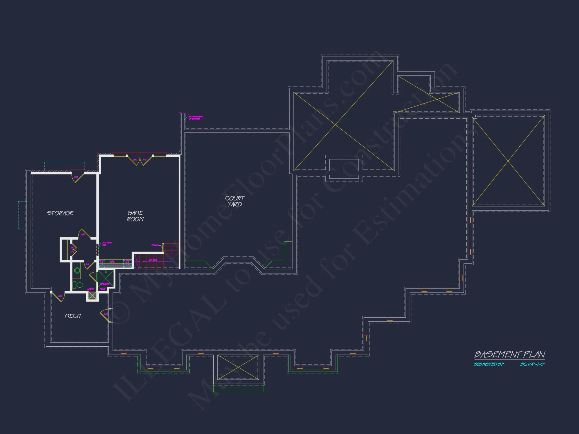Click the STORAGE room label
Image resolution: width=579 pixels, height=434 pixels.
pyautogui.click(x=60, y=213)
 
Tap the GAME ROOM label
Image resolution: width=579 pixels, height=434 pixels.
pyautogui.click(x=135, y=216)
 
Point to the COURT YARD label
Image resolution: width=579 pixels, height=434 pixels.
pyautogui.click(x=235, y=201)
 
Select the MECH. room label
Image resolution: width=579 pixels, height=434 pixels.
pyautogui.click(x=73, y=316)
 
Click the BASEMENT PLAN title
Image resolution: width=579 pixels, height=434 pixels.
pyautogui.click(x=510, y=354)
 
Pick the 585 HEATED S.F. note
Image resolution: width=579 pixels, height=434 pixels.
pyautogui.click(x=489, y=364)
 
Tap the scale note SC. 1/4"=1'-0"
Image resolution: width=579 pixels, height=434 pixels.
pyautogui.click(x=532, y=364)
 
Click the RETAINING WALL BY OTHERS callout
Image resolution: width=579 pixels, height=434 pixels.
pyautogui.click(x=196, y=117)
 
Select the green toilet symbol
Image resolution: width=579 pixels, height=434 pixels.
pyautogui.click(x=77, y=285)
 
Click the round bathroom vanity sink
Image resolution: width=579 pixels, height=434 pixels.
pyautogui.click(x=77, y=271)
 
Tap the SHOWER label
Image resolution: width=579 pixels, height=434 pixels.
pyautogui.click(x=105, y=284)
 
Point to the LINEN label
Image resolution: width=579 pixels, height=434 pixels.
pyautogui.click(x=90, y=289)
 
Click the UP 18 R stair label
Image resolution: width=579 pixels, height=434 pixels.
pyautogui.click(x=153, y=260)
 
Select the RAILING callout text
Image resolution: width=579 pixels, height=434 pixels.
pyautogui.click(x=155, y=245)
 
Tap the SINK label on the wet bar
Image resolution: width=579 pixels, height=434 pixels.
pyautogui.click(x=112, y=262)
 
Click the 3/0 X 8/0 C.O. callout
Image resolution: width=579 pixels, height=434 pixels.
pyautogui.click(x=107, y=244)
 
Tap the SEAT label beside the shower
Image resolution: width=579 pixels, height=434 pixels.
pyautogui.click(x=103, y=289)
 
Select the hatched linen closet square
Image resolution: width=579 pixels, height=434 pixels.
pyautogui.click(x=92, y=295)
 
